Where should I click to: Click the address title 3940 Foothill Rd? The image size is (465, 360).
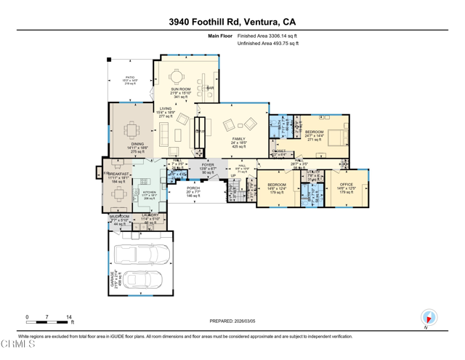click(x=232, y=22)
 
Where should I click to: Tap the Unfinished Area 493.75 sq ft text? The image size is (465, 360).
click(x=267, y=44)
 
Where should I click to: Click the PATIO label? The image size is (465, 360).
click(x=129, y=77)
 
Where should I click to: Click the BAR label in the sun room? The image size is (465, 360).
click(x=210, y=88)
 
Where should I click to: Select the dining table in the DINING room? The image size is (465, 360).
click(x=131, y=132)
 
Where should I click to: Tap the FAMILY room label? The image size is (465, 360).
click(x=238, y=139)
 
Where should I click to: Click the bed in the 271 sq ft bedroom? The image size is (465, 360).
click(x=336, y=136)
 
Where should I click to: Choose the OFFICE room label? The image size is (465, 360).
click(x=346, y=185)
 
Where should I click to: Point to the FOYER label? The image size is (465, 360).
click(x=207, y=165)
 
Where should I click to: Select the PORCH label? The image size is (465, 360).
click(x=193, y=188)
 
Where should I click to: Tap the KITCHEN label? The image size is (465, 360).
click(x=149, y=193)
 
